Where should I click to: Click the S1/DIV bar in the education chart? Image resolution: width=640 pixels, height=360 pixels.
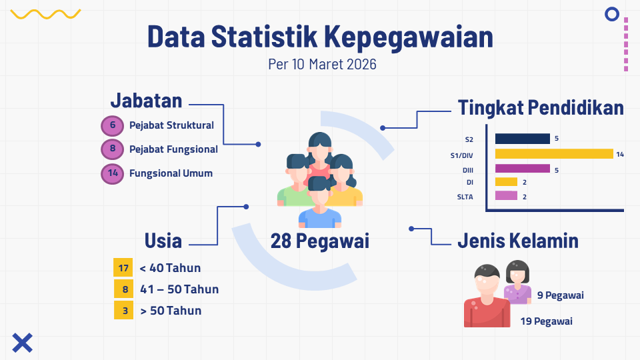554,153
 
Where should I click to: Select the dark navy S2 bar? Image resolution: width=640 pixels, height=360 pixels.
523,139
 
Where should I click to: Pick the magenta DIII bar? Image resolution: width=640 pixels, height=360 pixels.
523,169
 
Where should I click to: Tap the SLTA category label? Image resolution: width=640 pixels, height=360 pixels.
465,197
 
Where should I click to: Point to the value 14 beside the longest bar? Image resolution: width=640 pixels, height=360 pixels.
620,154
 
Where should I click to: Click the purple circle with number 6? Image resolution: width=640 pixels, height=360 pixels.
112,125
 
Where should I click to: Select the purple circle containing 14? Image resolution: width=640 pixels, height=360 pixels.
112,173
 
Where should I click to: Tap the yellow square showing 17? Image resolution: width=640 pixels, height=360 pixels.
123,268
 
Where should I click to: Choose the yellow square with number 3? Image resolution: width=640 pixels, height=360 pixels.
124,310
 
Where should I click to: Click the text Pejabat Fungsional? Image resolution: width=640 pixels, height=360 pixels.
173,149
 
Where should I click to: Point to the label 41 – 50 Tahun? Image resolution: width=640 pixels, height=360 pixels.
179,289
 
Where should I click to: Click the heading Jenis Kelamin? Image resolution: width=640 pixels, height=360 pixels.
518,241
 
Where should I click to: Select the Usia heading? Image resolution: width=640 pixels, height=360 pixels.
163,241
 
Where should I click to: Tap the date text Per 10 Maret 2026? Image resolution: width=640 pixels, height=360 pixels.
322,64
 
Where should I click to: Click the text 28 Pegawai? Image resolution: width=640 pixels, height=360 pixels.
319,241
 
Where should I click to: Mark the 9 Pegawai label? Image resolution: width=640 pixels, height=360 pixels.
561,295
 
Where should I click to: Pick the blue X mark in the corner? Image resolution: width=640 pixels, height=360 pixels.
23,343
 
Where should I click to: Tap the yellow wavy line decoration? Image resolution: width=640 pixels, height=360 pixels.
45,14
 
